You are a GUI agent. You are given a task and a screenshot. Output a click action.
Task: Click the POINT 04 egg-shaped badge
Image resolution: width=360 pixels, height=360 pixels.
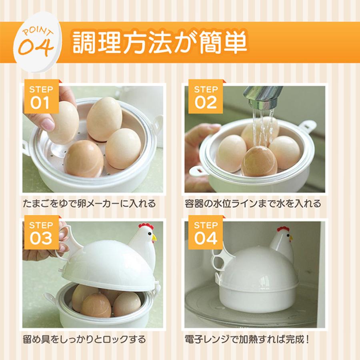click(x=38, y=42)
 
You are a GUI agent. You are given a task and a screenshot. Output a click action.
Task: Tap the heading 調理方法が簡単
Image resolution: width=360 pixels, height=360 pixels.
click(x=160, y=43)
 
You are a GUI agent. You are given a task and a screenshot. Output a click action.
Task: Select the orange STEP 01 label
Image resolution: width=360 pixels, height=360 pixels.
click(x=41, y=96)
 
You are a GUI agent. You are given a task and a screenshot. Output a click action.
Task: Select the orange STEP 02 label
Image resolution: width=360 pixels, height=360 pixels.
click(x=206, y=96)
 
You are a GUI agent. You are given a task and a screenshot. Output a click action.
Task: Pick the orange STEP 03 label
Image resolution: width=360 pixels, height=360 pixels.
click(x=41, y=232)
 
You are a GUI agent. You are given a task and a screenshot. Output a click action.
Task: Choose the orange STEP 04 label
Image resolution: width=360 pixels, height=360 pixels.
click(x=206, y=232)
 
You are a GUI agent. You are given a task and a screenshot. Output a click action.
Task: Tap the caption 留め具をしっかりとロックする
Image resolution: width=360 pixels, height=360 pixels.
click(x=84, y=339)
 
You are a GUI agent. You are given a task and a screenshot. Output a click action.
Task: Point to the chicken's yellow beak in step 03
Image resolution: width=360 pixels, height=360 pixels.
click(x=154, y=238)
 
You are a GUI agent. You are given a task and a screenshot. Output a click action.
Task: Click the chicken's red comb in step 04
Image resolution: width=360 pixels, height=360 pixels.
click(x=283, y=229)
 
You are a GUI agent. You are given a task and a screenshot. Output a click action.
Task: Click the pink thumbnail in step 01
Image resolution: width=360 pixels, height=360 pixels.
click(x=48, y=125)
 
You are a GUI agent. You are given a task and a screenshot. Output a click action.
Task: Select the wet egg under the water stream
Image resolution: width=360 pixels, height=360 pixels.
click(x=259, y=161)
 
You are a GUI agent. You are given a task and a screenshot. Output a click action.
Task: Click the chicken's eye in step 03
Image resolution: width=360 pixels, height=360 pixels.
click(x=149, y=234)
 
